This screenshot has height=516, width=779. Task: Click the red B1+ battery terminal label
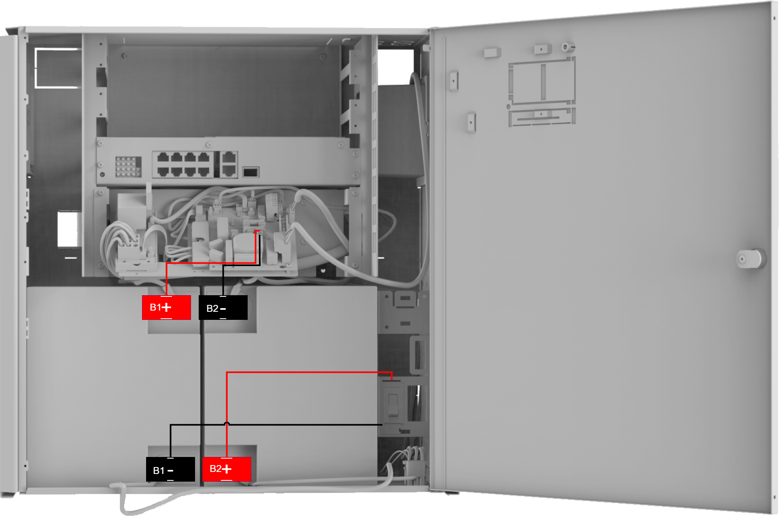[166, 307]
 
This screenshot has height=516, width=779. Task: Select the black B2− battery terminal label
[223, 308]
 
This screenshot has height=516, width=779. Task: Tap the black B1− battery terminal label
[170, 469]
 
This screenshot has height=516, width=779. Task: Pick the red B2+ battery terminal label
[227, 469]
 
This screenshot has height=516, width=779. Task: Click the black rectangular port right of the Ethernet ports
[250, 172]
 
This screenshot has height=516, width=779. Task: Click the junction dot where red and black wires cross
[227, 424]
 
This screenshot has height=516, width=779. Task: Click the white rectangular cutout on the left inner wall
[67, 229]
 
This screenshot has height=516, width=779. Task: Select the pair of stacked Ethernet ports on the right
[229, 164]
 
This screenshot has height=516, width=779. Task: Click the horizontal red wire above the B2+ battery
[309, 372]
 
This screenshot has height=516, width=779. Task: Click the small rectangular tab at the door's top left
[492, 53]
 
